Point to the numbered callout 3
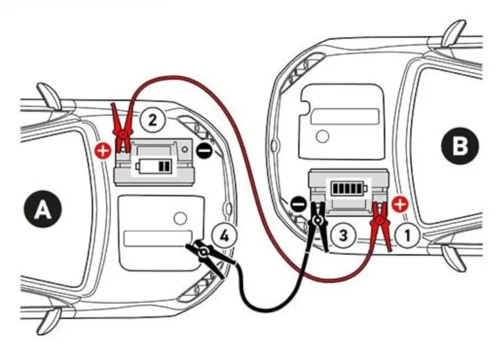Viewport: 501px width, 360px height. point(345,235)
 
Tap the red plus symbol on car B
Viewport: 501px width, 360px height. point(401,204)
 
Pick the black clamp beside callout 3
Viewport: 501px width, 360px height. point(318,225)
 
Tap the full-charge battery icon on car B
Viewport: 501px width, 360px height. point(349,188)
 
